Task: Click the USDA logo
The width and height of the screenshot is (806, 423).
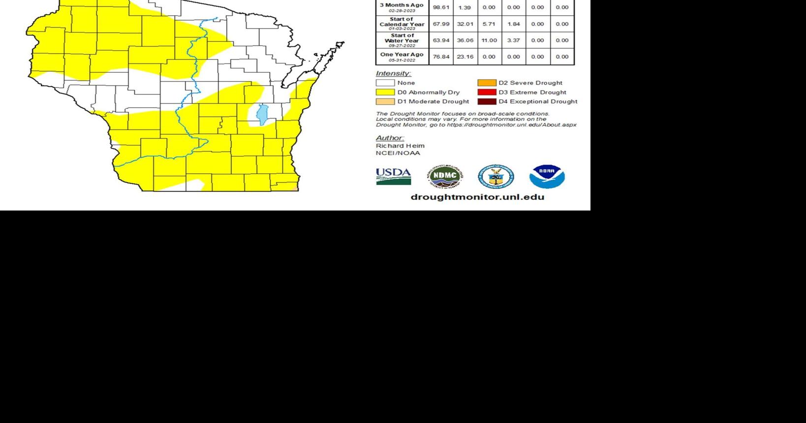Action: [393, 176]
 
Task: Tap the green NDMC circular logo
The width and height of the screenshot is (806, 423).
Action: [445, 177]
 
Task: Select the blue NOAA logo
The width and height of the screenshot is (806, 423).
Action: [547, 177]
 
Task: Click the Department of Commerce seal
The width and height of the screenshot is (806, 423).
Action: [496, 177]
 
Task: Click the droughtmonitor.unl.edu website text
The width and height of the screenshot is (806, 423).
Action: [477, 197]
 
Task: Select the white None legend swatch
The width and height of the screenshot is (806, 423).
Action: [385, 83]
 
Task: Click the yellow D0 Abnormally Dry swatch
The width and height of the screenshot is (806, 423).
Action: [385, 92]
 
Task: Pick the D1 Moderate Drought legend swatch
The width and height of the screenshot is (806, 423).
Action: [385, 101]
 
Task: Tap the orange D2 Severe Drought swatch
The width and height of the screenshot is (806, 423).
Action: [487, 83]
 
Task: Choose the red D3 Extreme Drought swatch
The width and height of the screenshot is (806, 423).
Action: [487, 92]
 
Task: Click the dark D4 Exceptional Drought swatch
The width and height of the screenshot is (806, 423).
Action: [487, 101]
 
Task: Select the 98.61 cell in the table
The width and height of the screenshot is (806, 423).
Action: [441, 7]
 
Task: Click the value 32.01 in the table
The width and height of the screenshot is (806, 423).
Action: [465, 24]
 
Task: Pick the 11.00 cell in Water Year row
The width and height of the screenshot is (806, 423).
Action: [489, 40]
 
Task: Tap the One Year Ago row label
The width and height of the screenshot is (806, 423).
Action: [402, 56]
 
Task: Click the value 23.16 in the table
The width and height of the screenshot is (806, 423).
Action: [465, 57]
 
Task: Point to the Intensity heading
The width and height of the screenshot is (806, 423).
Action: [393, 73]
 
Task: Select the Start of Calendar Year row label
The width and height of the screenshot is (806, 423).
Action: [402, 23]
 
